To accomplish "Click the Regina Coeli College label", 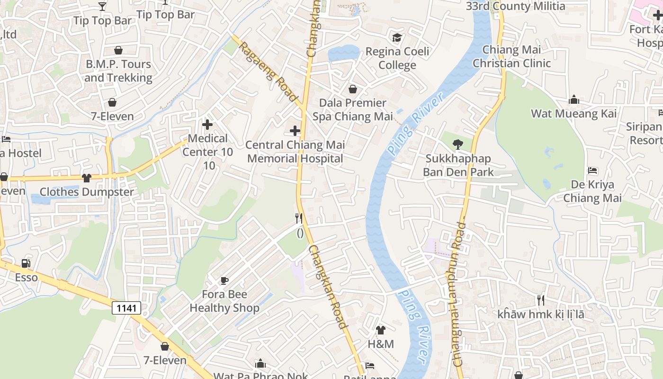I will tap(397, 58).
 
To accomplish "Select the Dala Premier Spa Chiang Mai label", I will tap(353, 109).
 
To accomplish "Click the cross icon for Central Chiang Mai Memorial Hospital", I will tap(295, 131).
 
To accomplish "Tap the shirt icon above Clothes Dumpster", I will tap(86, 178).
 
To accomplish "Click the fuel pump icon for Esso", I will tap(26, 263).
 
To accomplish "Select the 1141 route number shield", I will tap(126, 308).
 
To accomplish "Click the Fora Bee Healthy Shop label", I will tap(224, 301).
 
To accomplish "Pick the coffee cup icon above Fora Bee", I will tap(224, 280).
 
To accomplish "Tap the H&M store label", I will tap(381, 344).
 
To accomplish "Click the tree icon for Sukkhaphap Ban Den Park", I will tap(458, 144).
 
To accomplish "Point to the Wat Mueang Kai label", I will tap(573, 114).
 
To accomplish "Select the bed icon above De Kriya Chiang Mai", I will tap(592, 171).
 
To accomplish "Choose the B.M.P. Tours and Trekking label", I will tap(118, 71).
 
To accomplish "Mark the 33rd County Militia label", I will tap(515, 6).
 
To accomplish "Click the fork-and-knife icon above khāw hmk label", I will tap(540, 300).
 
